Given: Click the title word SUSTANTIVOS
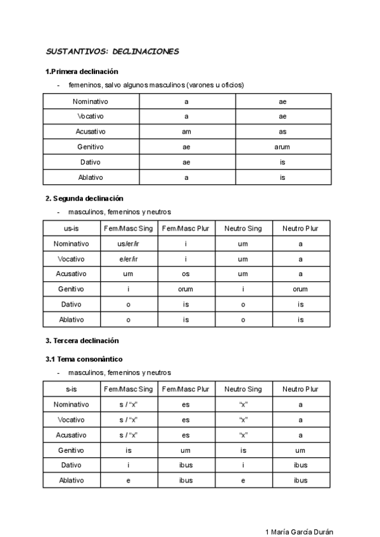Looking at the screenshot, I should tap(72, 51).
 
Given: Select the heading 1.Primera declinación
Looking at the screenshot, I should tap(82, 72).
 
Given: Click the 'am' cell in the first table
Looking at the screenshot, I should tap(186, 132).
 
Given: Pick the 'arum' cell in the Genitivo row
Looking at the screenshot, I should tap(282, 147).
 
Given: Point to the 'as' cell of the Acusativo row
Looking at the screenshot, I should tap(282, 132).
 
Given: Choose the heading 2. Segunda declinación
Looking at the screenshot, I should tap(84, 198).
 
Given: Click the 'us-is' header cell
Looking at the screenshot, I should tap(72, 229).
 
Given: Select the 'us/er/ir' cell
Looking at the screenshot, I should tap(128, 244).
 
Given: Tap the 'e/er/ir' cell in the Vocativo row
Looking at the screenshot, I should tap(128, 259).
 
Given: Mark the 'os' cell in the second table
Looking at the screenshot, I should tap(186, 274).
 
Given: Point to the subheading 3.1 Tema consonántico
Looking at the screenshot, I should tap(84, 359).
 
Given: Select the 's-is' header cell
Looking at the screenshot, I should tap(72, 389).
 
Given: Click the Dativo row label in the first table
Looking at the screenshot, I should tap(91, 162).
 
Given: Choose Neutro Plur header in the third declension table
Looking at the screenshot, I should tap(300, 389).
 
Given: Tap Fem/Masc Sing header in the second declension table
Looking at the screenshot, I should tap(128, 229).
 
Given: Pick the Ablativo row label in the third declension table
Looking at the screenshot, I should tap(72, 480).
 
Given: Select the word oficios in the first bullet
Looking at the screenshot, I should tap(231, 85).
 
